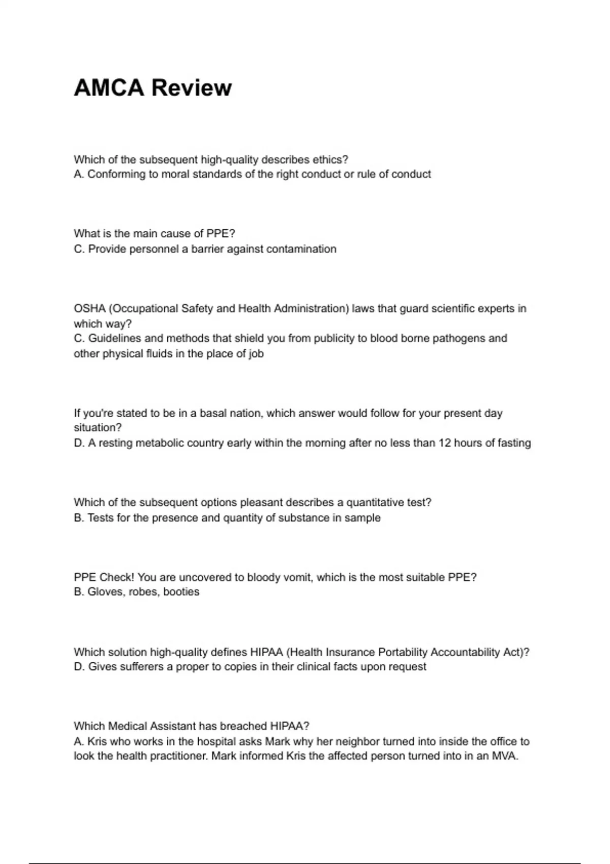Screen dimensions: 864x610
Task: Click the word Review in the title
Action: [x=192, y=88]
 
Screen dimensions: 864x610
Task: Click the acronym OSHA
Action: [x=89, y=308]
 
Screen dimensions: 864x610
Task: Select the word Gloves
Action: [x=106, y=592]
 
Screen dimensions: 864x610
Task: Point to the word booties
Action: [x=181, y=592]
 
